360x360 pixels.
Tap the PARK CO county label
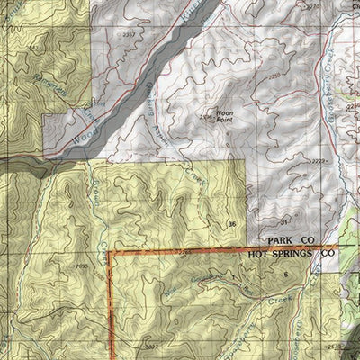coord(289,242)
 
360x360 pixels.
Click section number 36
coord(232,223)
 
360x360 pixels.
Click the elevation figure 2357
coord(130,34)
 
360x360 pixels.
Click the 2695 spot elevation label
coord(80,266)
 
